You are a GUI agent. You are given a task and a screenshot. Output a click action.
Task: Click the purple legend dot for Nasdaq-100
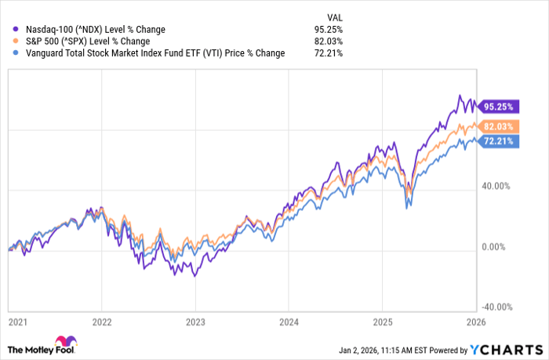point(12,30)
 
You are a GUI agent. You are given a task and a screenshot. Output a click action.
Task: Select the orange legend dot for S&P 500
point(12,42)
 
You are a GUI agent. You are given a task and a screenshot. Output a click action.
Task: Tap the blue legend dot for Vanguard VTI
point(12,53)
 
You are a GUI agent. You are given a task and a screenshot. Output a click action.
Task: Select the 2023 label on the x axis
point(195,322)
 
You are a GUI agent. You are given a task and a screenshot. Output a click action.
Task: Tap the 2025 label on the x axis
point(383,322)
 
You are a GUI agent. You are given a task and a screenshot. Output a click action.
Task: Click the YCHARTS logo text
point(505,349)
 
